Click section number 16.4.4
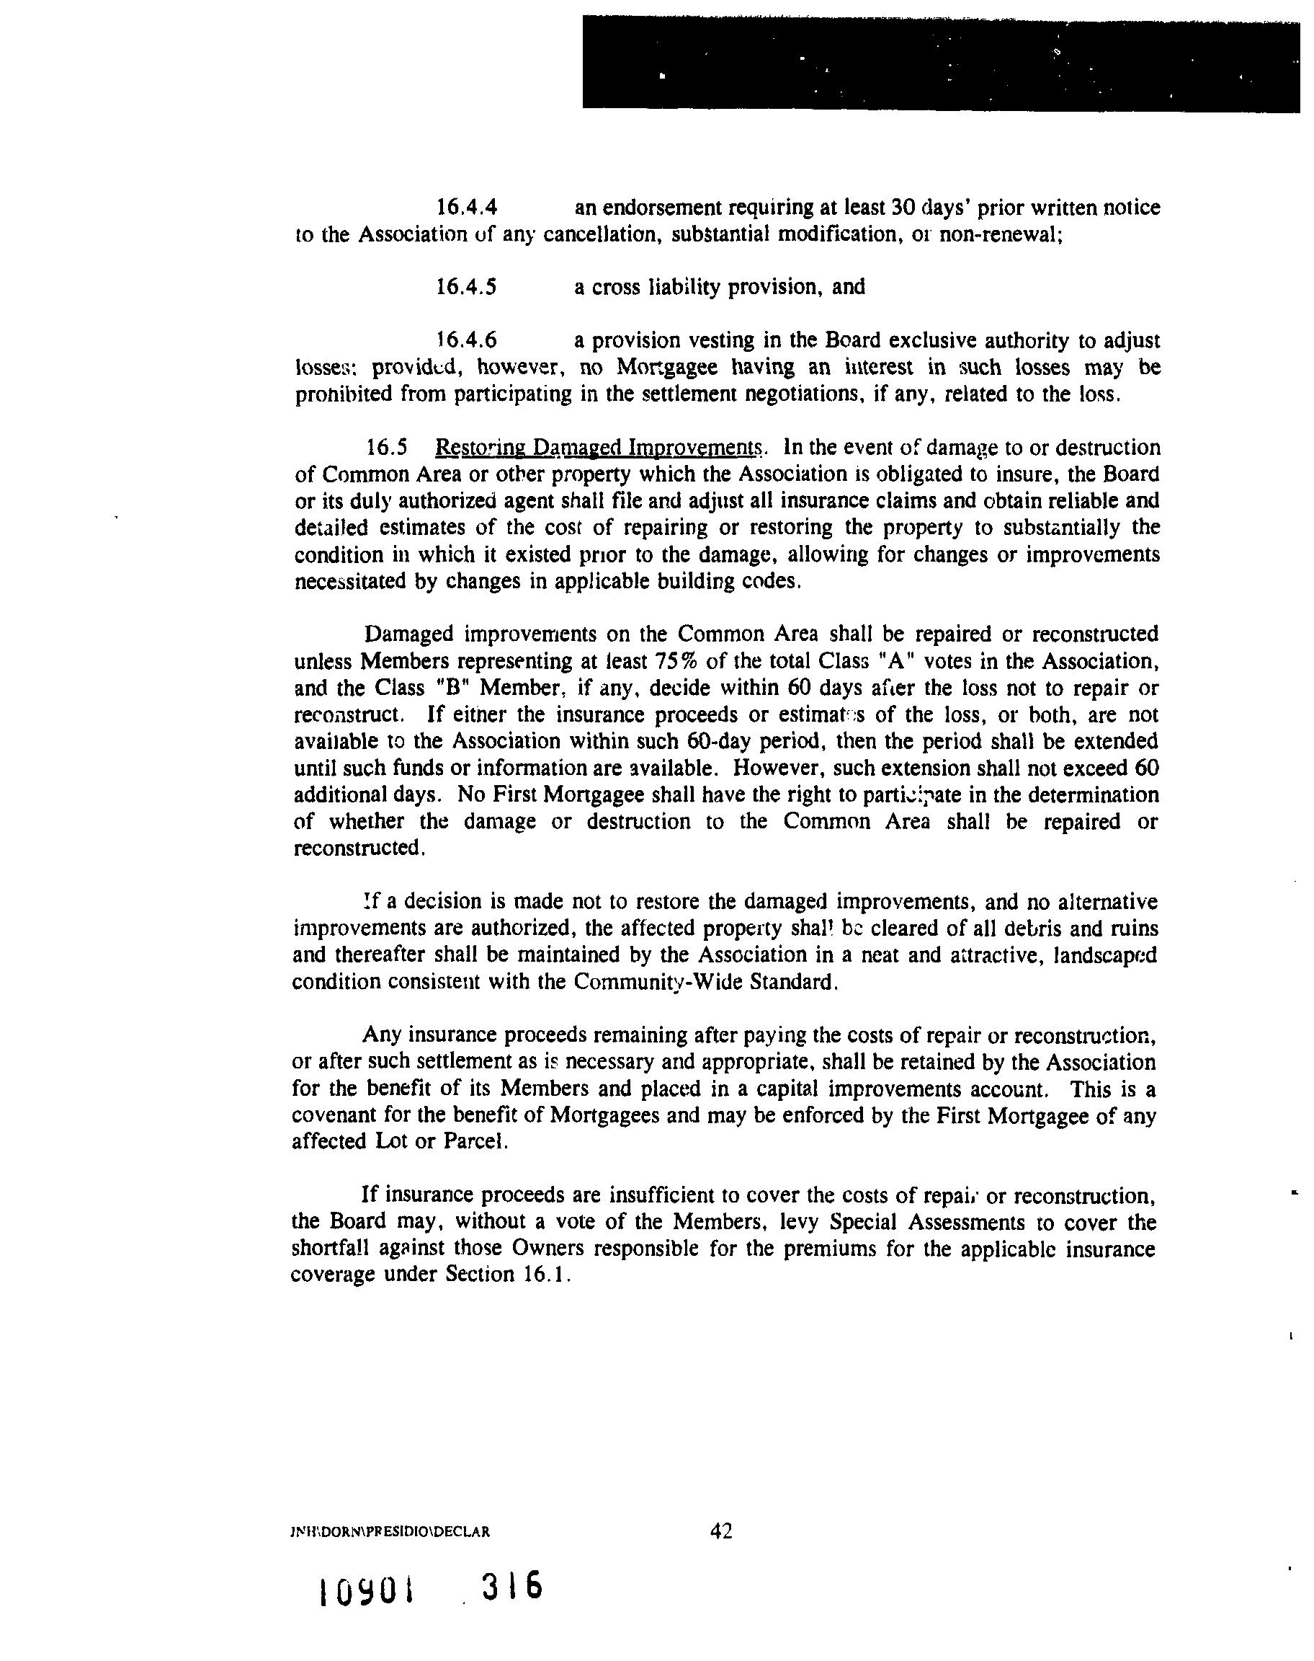[x=466, y=208]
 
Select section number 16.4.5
[x=466, y=287]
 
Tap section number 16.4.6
[x=466, y=340]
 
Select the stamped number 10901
[x=365, y=1590]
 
